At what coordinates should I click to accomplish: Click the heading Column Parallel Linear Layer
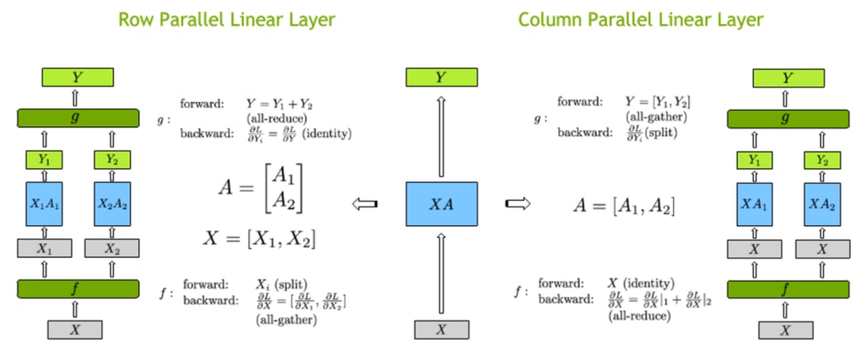640,19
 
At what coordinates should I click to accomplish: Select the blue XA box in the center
440,205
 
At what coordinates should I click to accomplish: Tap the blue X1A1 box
45,205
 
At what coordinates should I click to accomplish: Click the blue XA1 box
754,205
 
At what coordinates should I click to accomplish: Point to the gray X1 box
45,248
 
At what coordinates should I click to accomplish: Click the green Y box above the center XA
440,77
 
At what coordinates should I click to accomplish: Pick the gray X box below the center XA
440,329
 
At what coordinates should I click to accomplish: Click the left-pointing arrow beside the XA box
366,204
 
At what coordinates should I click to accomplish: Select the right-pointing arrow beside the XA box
515,204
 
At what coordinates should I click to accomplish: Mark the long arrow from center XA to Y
440,132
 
